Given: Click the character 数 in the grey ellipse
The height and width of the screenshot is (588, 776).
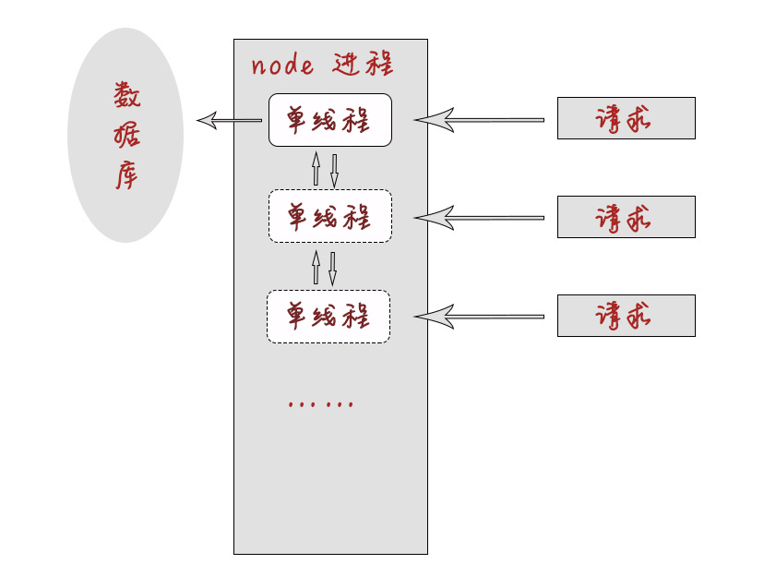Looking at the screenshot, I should pos(127,94).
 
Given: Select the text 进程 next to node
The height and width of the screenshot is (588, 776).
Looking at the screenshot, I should pos(363,65).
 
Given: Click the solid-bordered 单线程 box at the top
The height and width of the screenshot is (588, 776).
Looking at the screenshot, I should pos(329,120).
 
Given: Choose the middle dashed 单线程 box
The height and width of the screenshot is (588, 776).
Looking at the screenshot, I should pos(329,217).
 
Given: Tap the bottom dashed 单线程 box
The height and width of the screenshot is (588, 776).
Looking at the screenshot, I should pos(328,317).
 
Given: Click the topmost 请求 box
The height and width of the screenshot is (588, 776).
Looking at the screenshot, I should pos(626,118).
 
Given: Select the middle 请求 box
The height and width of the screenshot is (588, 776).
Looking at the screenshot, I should pos(626,217).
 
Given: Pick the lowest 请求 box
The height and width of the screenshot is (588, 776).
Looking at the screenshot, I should pos(626,316).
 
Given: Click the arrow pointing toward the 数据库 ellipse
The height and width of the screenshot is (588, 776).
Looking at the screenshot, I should pos(229,120).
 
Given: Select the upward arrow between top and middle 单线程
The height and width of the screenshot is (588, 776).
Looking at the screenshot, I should pos(316,169).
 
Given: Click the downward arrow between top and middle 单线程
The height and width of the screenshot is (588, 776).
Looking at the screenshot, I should pos(334,170).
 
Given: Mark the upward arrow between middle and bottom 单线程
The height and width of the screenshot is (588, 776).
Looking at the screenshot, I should pos(316,267).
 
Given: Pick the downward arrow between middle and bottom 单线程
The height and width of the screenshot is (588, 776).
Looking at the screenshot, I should pos(332,269).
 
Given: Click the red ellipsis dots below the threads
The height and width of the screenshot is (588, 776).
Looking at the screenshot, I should pos(321,403).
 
